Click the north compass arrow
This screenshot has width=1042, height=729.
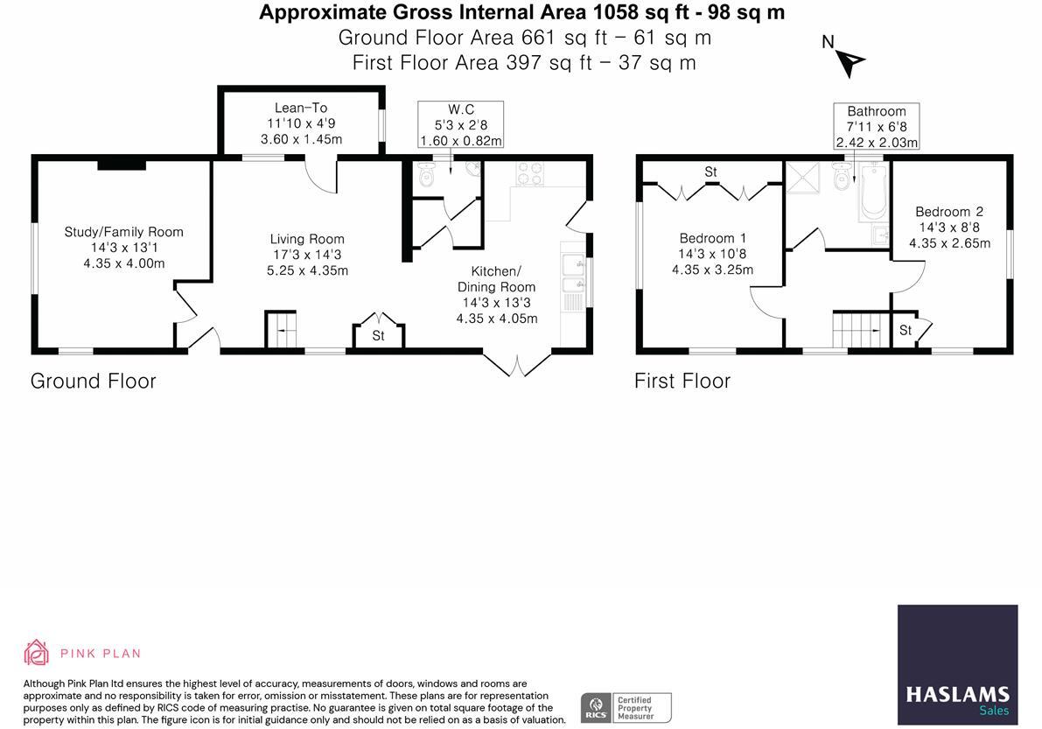(x=849, y=61)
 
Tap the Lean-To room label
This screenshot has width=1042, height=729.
(x=301, y=108)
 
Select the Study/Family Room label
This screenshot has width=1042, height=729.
(x=124, y=232)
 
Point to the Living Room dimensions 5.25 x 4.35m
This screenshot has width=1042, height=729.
(x=307, y=270)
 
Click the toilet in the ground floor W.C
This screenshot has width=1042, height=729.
(x=427, y=175)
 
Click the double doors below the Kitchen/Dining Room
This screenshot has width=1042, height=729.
(x=517, y=364)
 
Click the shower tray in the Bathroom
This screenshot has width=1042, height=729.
(x=801, y=177)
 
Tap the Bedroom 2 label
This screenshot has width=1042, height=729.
(x=949, y=211)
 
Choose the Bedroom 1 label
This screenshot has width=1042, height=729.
(x=712, y=238)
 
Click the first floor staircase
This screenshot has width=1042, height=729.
(x=854, y=331)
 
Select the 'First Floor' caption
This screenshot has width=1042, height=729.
(x=682, y=381)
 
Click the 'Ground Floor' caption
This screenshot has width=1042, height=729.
(x=94, y=381)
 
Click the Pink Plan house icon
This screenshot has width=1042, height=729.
(x=37, y=653)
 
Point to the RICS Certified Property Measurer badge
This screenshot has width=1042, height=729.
(x=626, y=707)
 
